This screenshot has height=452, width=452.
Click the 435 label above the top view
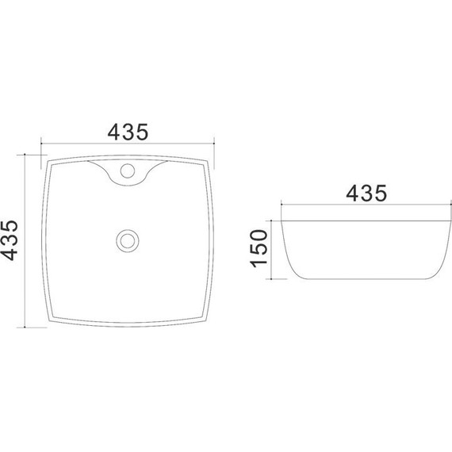128,132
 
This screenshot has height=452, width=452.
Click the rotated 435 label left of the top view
10,240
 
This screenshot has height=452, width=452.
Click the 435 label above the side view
366,193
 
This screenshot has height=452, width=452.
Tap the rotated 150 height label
259,248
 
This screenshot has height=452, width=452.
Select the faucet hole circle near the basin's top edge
128,170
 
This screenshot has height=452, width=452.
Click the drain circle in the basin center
128,240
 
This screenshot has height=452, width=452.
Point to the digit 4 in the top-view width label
114,132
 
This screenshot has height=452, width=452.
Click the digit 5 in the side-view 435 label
381,193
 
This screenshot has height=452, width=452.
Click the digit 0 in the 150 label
259,236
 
